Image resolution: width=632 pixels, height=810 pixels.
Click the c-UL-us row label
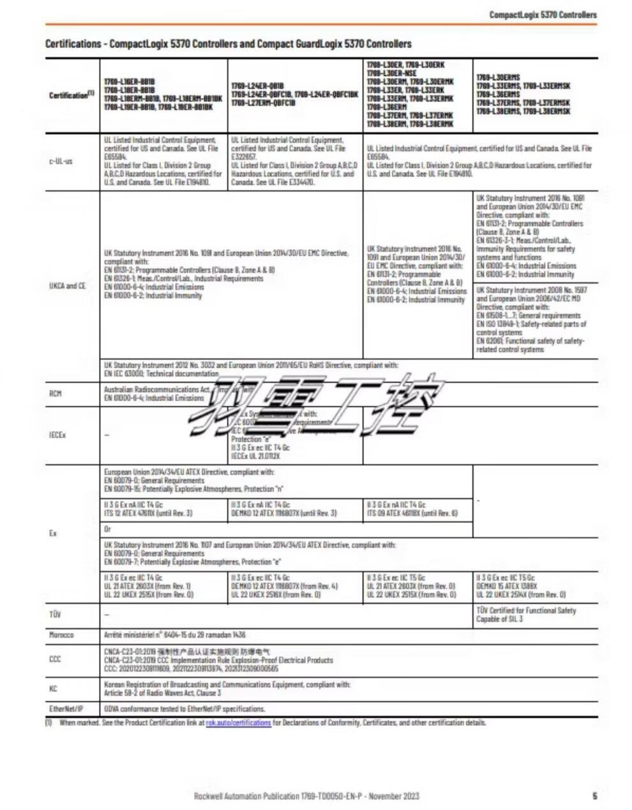(61, 161)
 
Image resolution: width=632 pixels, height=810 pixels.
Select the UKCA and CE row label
(67, 286)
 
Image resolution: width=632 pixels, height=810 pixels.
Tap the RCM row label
(56, 394)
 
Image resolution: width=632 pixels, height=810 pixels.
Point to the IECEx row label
(57, 435)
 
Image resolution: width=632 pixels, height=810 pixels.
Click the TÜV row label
(55, 615)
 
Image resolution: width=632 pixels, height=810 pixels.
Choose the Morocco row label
(61, 635)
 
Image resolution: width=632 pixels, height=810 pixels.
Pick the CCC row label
(55, 659)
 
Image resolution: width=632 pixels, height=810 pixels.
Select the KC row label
(53, 689)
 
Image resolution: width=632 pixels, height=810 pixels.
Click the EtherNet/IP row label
(66, 709)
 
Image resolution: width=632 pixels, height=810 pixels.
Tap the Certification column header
(71, 95)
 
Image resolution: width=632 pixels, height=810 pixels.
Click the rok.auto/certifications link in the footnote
(238, 723)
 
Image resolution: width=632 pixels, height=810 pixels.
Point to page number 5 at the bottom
(595, 796)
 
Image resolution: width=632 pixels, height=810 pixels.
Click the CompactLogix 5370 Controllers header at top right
(543, 15)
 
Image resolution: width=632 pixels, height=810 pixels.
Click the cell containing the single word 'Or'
(108, 530)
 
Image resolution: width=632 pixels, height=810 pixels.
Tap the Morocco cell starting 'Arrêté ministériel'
(174, 635)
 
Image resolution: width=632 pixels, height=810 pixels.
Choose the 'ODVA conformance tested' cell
(184, 709)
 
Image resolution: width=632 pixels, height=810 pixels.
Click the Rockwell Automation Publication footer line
(306, 796)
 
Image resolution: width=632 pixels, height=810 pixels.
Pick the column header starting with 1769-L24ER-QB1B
(294, 94)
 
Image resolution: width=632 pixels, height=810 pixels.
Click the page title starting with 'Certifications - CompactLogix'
(228, 44)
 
